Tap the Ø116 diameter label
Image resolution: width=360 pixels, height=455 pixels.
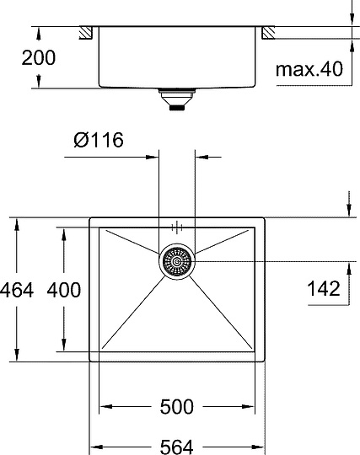click(98, 140)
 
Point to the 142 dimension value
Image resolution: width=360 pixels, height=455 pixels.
click(324, 289)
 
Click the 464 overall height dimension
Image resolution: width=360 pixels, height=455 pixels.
click(17, 290)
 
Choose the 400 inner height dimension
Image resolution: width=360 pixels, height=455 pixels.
click(63, 290)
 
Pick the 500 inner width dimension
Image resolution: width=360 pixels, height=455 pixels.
click(177, 407)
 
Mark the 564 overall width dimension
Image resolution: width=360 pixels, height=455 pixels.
click(177, 445)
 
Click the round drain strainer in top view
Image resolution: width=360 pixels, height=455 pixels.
click(177, 262)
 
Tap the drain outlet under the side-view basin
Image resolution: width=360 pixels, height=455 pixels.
click(177, 101)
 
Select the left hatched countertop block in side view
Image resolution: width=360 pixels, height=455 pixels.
click(85, 33)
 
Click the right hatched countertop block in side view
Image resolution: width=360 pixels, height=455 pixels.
click(268, 33)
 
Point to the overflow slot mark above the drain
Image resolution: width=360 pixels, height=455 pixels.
click(177, 227)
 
